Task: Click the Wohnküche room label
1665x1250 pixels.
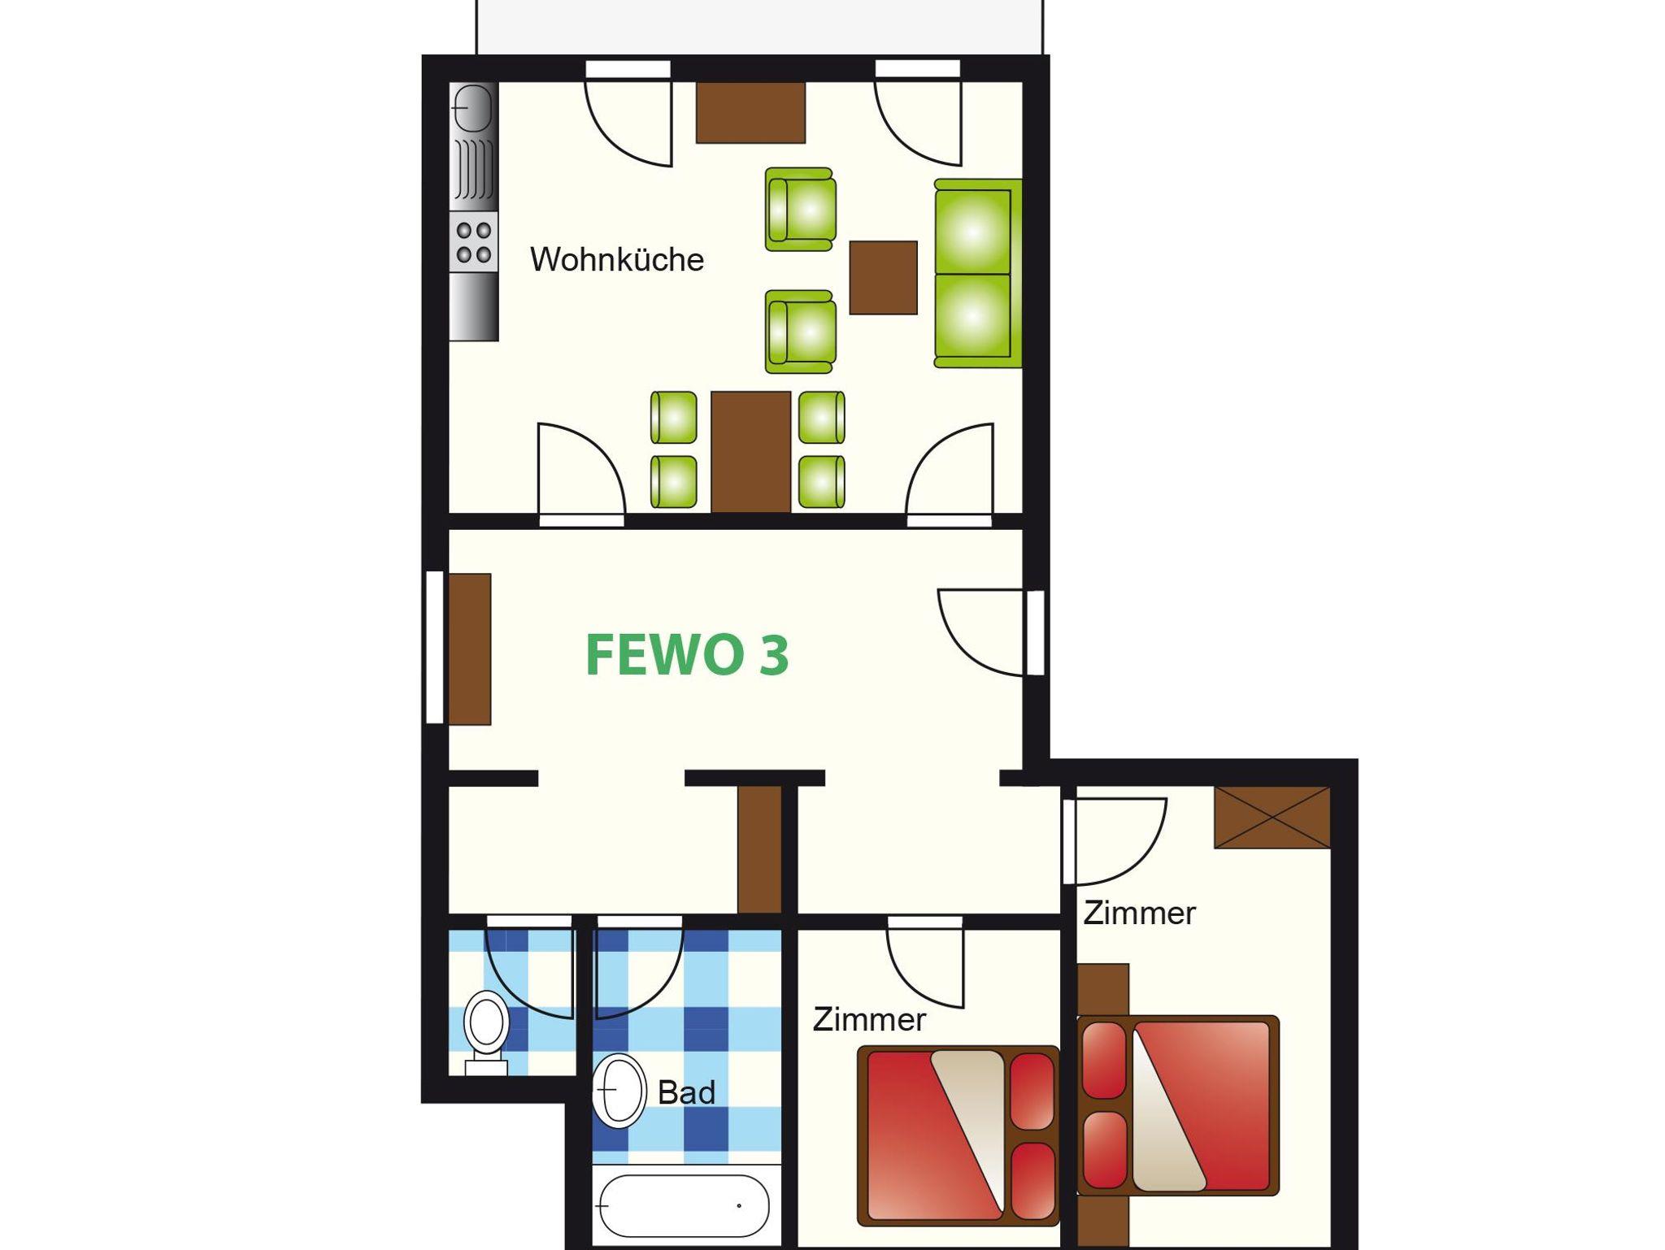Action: (x=617, y=259)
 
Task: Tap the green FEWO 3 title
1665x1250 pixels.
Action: (x=687, y=655)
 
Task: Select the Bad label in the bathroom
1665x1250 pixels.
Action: (x=686, y=1092)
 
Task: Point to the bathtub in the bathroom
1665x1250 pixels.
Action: (x=682, y=1206)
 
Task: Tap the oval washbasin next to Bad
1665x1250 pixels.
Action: (x=619, y=1091)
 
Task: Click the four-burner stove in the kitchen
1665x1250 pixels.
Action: (x=473, y=241)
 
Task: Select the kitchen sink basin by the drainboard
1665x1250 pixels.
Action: (x=472, y=108)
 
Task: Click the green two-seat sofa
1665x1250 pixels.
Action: (x=977, y=273)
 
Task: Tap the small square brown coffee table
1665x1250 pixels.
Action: (x=883, y=277)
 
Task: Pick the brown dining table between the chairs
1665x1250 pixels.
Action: (x=750, y=452)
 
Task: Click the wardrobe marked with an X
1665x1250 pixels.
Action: (x=1272, y=817)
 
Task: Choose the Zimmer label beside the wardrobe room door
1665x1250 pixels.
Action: (x=1139, y=914)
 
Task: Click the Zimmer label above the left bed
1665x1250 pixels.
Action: (x=869, y=1019)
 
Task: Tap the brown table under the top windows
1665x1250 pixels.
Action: (x=750, y=112)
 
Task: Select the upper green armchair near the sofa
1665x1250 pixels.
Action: (x=801, y=209)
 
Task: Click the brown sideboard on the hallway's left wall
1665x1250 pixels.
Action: (x=470, y=649)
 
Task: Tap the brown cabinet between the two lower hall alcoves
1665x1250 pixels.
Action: (x=759, y=849)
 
